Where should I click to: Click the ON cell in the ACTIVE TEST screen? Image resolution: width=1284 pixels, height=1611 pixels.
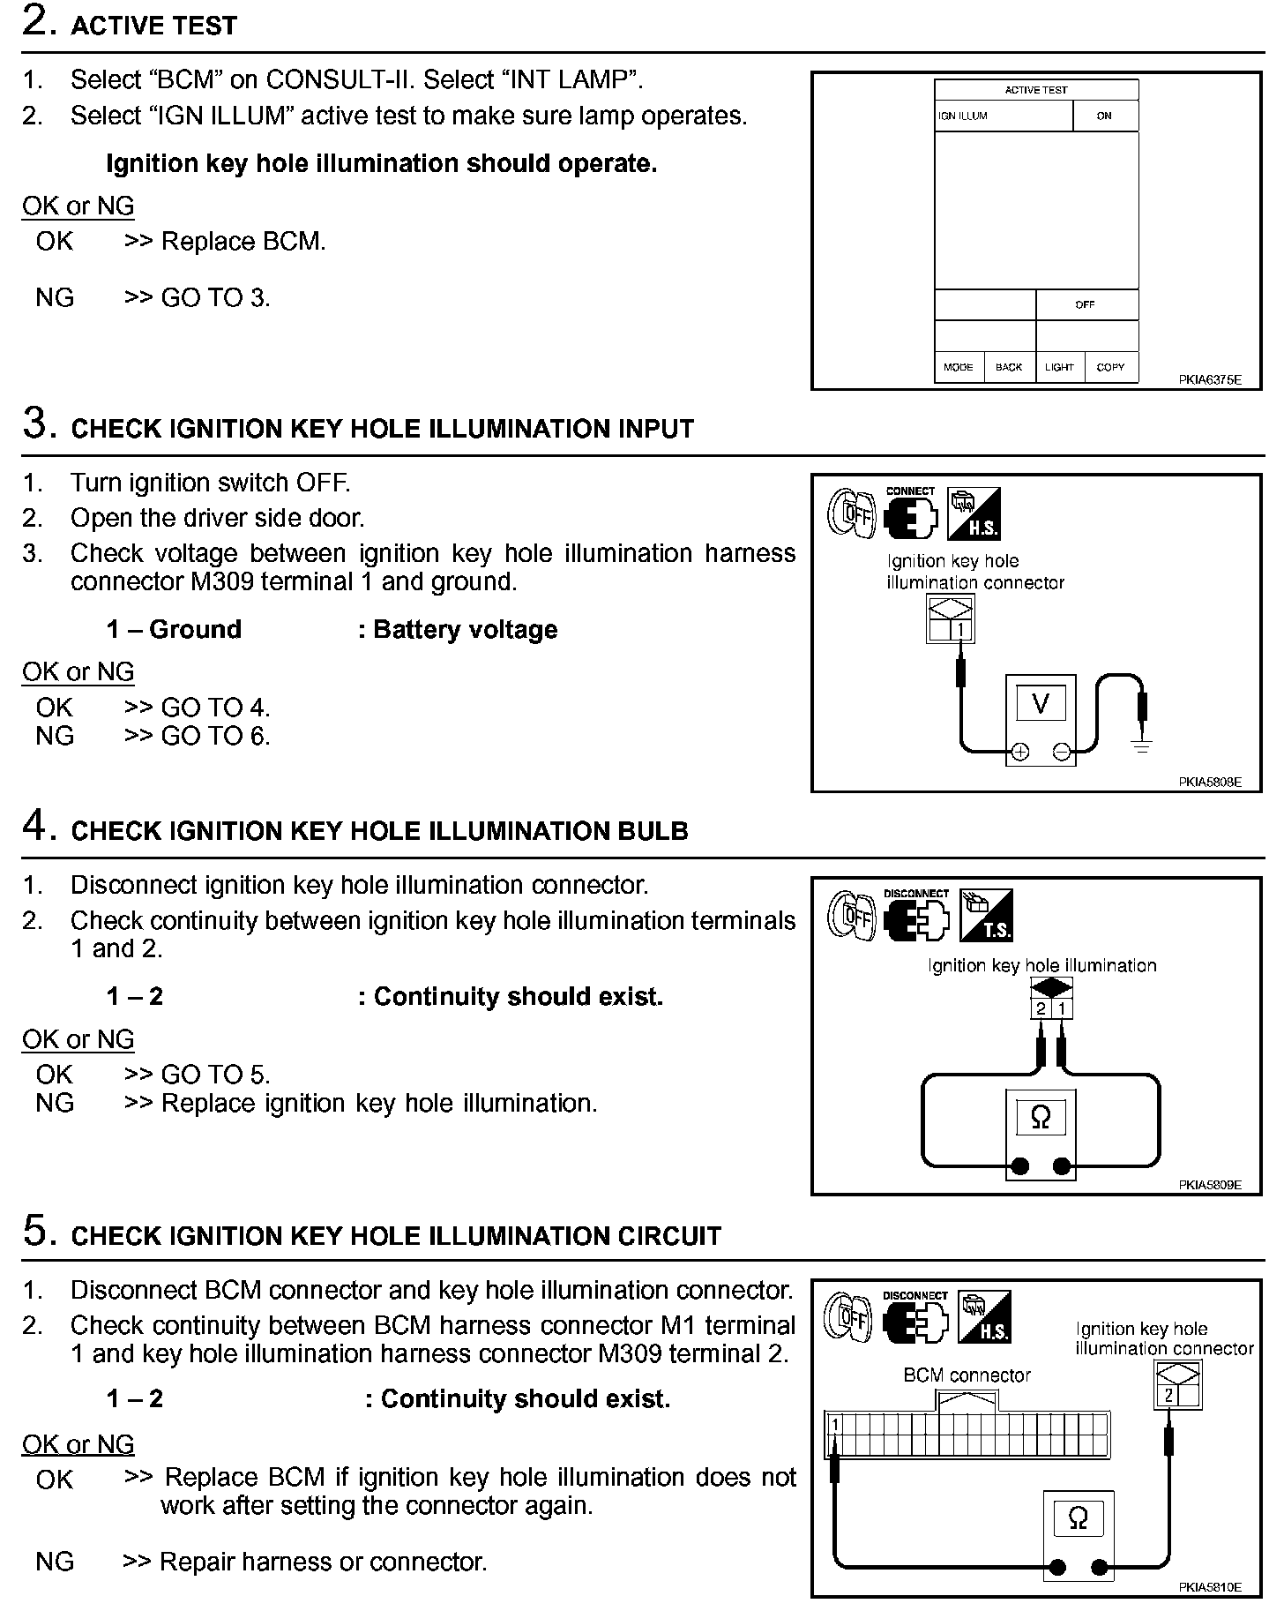tap(1104, 116)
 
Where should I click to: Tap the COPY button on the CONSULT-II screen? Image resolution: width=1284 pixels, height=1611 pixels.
tap(1110, 367)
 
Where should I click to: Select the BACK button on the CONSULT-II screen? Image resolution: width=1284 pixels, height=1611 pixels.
tap(1009, 367)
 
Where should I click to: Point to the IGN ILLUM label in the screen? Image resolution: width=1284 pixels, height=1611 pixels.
tap(963, 116)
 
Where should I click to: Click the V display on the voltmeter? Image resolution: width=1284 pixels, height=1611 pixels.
tap(1041, 703)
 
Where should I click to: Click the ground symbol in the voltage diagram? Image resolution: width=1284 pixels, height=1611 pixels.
tap(1142, 746)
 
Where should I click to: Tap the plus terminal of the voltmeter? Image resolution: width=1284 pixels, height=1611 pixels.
tap(1019, 752)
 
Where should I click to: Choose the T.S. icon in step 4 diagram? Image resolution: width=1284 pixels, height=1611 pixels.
tap(986, 915)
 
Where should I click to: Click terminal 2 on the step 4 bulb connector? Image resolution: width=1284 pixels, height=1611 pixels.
tap(1041, 1008)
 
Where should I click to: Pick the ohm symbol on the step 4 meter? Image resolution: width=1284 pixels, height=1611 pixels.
tap(1041, 1118)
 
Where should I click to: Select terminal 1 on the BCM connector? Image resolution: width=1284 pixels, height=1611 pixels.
tap(834, 1424)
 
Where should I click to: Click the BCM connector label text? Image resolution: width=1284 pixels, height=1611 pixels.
tap(967, 1375)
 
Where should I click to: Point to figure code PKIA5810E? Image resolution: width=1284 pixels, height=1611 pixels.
tap(1209, 1586)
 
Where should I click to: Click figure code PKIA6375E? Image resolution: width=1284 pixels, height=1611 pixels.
tap(1209, 380)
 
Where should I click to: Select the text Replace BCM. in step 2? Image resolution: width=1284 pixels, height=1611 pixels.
tap(243, 242)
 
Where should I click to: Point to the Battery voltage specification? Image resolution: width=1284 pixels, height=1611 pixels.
tap(465, 630)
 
